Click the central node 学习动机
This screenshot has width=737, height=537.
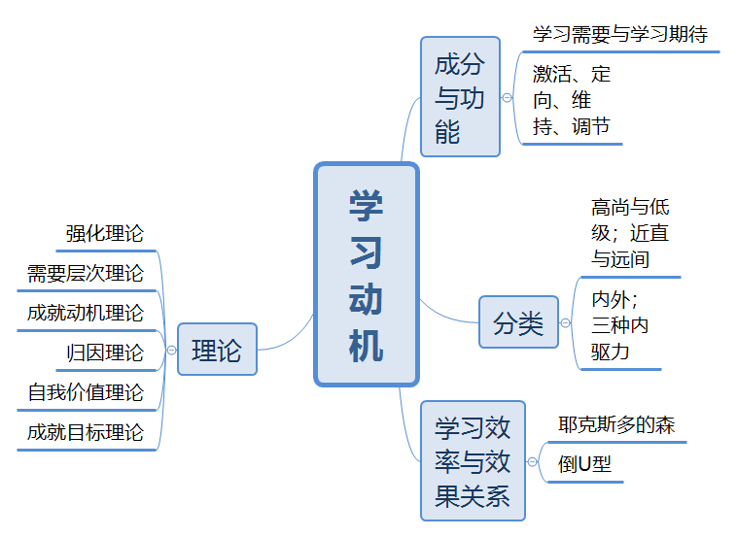[x=367, y=275]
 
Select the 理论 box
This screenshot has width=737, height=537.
[x=217, y=350]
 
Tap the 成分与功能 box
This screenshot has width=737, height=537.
[x=460, y=97]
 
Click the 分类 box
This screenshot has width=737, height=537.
[x=518, y=322]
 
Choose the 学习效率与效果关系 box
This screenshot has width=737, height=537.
[x=473, y=461]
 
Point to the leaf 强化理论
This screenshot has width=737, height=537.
[x=105, y=233]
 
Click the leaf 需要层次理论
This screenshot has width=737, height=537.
[x=85, y=273]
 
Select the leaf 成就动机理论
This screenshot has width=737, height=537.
[x=85, y=313]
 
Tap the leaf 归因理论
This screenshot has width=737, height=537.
[x=105, y=353]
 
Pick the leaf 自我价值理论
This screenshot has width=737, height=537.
[x=85, y=392]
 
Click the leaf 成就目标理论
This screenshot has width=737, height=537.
[x=85, y=432]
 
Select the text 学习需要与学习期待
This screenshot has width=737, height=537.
[x=620, y=34]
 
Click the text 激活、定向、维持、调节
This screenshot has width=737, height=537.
[x=572, y=100]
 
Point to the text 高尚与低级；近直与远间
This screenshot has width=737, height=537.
[x=630, y=233]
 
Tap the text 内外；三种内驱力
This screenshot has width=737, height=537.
[x=620, y=325]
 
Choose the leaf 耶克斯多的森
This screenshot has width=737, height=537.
[x=616, y=424]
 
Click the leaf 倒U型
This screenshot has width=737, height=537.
[x=584, y=465]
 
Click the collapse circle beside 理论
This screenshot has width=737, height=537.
[x=171, y=350]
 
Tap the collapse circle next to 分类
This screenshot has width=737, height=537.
[x=566, y=323]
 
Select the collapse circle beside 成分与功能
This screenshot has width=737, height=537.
[x=507, y=98]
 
